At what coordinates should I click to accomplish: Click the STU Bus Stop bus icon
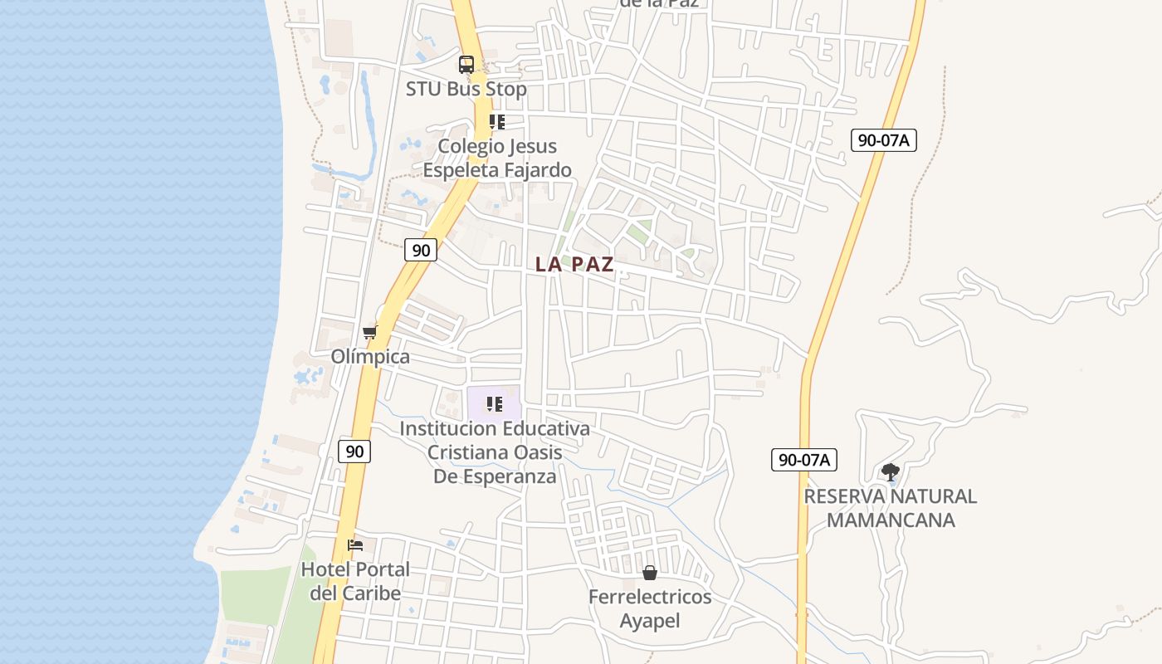tap(466, 64)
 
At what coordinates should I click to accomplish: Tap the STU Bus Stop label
tap(466, 89)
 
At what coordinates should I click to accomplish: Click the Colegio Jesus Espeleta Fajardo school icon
tap(497, 122)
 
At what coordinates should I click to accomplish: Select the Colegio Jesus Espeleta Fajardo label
tap(497, 158)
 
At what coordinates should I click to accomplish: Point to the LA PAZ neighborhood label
tap(574, 265)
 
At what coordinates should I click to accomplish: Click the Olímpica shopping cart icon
tap(369, 332)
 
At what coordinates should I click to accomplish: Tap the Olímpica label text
tap(370, 357)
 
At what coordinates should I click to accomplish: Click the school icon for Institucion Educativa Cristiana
tap(495, 404)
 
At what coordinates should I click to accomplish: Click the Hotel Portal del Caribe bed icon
tap(355, 545)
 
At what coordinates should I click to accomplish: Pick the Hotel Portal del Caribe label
tap(355, 581)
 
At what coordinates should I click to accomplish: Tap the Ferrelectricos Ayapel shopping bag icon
tap(650, 573)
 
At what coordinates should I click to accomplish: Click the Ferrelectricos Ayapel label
tap(650, 608)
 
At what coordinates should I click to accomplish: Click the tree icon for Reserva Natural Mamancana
tap(891, 472)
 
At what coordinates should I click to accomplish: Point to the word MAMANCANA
tap(891, 520)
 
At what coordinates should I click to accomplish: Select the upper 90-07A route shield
tap(883, 140)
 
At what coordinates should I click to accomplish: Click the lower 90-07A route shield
tap(803, 460)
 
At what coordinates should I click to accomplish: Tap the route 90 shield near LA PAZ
tap(421, 249)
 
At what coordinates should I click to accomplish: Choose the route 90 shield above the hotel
tap(354, 452)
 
